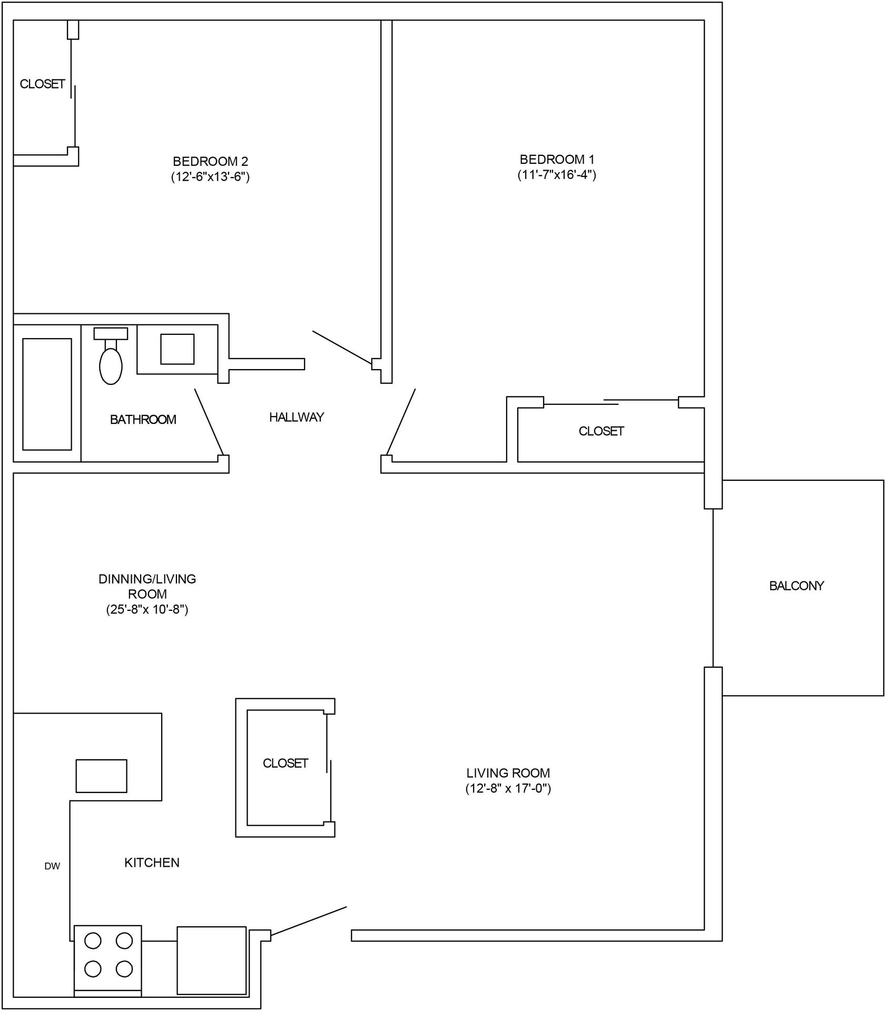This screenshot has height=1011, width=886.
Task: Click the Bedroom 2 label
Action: coord(210,161)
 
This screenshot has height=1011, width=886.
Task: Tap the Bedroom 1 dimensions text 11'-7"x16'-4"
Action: coord(556,175)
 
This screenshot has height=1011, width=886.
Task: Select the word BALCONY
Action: coord(796,586)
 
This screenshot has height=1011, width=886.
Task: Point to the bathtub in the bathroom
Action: coord(47,394)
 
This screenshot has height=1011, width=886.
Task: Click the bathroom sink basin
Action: coord(177,349)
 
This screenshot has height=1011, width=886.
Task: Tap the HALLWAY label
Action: coord(297,417)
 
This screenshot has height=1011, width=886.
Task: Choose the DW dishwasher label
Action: coord(52,866)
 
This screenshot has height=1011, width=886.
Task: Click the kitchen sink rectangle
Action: coord(101,776)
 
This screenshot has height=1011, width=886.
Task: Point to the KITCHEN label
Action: coord(152,863)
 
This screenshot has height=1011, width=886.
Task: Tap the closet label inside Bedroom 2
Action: coord(42,84)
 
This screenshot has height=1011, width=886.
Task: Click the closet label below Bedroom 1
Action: coord(601,431)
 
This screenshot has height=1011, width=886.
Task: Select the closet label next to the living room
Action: coord(285,763)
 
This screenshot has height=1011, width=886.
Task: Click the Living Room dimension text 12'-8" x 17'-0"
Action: coord(508,788)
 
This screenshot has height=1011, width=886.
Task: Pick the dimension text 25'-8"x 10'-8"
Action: coord(147,609)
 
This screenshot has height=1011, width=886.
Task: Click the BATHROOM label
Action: coord(143,420)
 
